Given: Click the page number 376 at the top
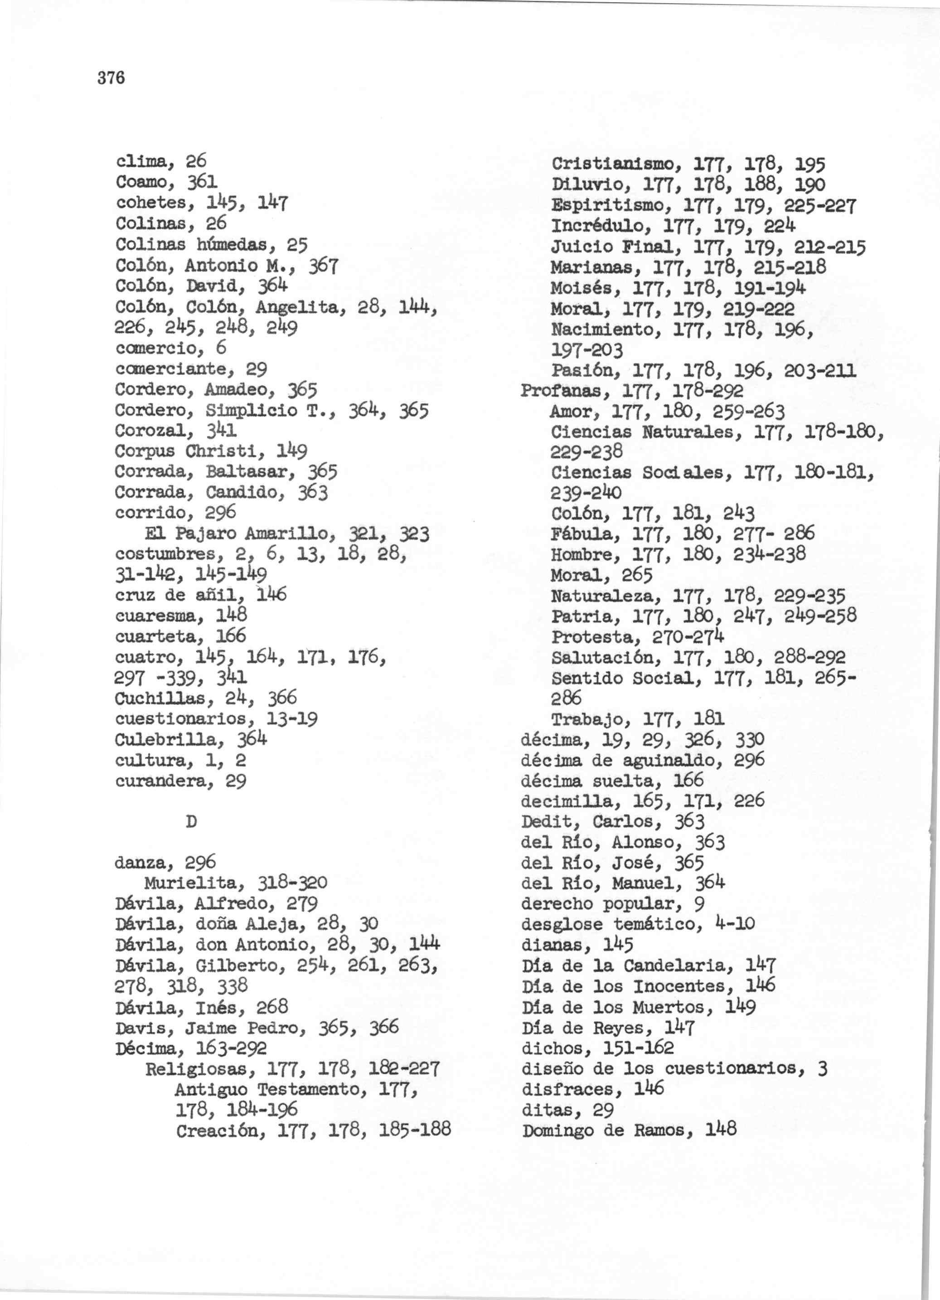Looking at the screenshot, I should tap(111, 78).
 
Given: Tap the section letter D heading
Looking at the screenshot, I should tap(191, 822).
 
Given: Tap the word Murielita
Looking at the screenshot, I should tap(194, 883).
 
